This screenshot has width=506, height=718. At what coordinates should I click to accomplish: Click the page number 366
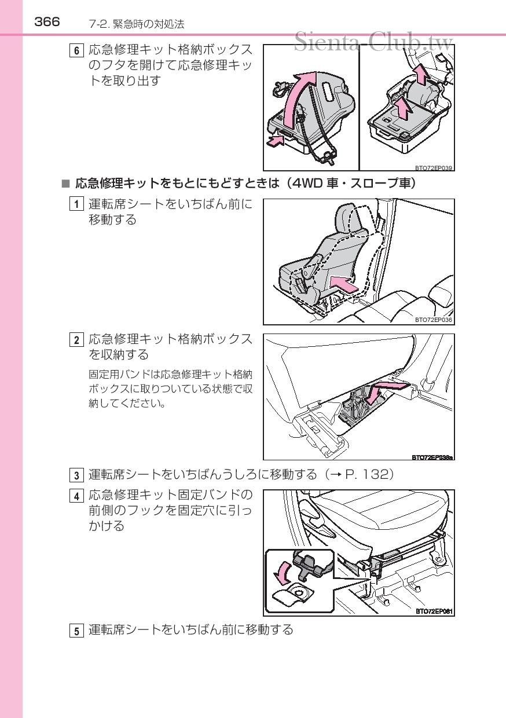(47, 22)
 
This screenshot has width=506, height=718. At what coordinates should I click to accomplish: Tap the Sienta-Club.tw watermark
(373, 42)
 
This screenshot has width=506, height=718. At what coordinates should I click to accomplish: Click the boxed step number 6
(76, 51)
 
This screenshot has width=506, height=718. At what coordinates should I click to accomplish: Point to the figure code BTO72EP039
(434, 168)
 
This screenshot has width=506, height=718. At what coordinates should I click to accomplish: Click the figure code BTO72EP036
(434, 320)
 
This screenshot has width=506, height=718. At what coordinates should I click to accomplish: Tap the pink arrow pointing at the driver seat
(343, 284)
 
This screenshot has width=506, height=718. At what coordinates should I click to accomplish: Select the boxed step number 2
(76, 340)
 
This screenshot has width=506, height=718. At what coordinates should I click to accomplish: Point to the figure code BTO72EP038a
(432, 457)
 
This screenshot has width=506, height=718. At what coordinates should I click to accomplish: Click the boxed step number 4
(76, 496)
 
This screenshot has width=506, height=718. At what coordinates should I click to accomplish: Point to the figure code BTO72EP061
(434, 611)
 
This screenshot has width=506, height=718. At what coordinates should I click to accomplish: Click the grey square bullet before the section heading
(65, 184)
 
